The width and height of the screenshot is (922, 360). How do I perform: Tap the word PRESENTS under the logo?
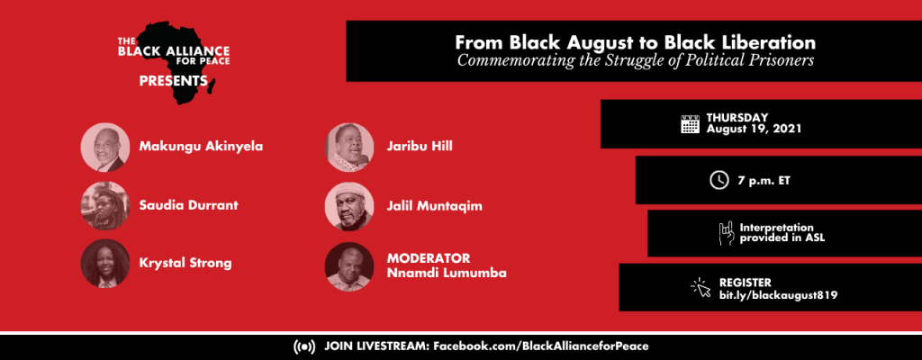point(174,81)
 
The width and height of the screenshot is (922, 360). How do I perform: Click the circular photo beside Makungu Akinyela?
point(105,147)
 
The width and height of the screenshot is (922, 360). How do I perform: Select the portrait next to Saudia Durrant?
point(105,205)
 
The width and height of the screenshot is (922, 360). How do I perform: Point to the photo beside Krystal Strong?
point(105,263)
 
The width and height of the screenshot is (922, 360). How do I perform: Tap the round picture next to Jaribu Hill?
point(349,147)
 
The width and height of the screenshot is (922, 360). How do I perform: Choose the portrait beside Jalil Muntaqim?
point(349,205)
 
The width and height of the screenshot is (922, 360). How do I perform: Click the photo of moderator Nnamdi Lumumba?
point(349,266)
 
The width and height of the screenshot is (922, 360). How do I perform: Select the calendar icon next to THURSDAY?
point(690,124)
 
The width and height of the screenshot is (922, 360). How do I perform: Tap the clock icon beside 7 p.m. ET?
point(719,179)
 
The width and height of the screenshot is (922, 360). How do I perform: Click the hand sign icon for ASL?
point(726,233)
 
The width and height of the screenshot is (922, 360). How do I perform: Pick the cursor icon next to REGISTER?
point(701,288)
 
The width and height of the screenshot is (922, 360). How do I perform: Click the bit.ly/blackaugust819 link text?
point(779,294)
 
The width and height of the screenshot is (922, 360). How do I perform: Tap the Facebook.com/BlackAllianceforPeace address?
point(541,346)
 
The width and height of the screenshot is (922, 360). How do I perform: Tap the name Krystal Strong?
point(185,263)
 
